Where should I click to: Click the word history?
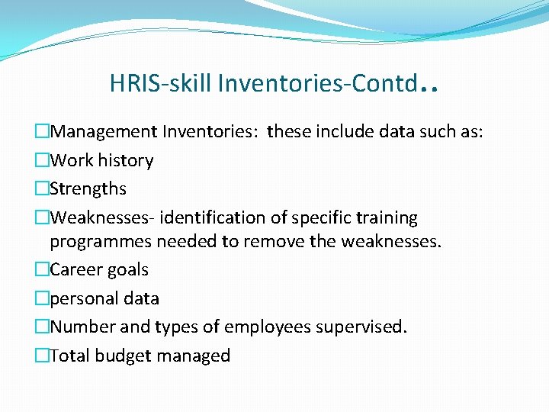(124, 160)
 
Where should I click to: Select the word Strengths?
(88, 189)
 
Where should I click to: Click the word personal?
(83, 299)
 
